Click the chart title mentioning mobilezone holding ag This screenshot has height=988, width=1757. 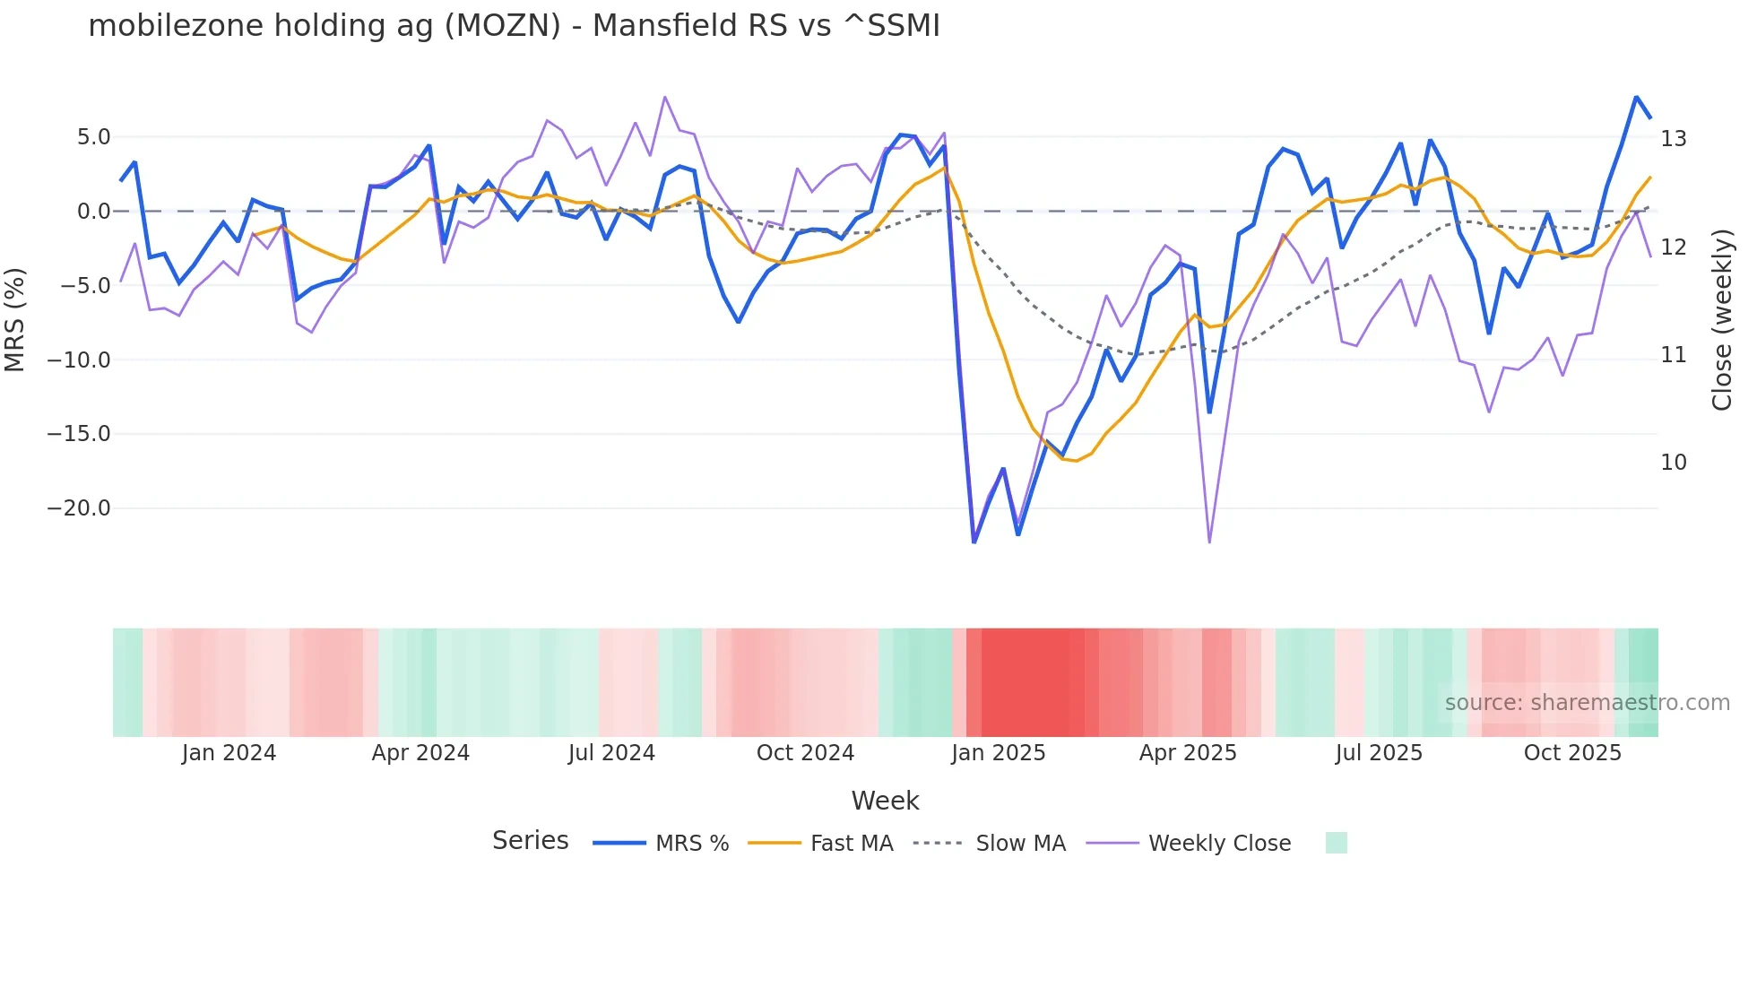click(x=514, y=26)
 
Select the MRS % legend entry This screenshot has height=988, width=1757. click(x=691, y=844)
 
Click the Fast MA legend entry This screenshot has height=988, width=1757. click(x=851, y=844)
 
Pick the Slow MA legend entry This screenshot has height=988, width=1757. click(x=1020, y=844)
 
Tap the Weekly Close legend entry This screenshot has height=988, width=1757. click(x=1219, y=844)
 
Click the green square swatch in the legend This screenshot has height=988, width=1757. click(x=1336, y=843)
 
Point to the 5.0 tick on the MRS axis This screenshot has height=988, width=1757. click(x=93, y=137)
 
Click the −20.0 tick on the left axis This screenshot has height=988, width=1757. click(x=79, y=508)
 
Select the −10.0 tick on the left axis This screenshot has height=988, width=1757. click(x=79, y=360)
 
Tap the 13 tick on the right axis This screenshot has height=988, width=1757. click(x=1673, y=139)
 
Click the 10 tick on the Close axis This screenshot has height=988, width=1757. click(x=1673, y=463)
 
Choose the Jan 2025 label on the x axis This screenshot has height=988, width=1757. click(x=998, y=753)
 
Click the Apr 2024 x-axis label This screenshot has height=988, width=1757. click(x=420, y=753)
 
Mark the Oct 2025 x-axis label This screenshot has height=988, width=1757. click(x=1572, y=753)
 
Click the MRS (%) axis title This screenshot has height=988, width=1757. click(x=15, y=320)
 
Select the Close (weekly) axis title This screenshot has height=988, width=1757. click(x=1722, y=320)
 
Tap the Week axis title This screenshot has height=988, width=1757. click(x=885, y=801)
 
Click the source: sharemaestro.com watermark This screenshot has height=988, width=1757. click(x=1587, y=703)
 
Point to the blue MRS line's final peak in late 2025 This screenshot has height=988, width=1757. click(x=1636, y=97)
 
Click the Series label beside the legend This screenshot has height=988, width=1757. click(x=530, y=841)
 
